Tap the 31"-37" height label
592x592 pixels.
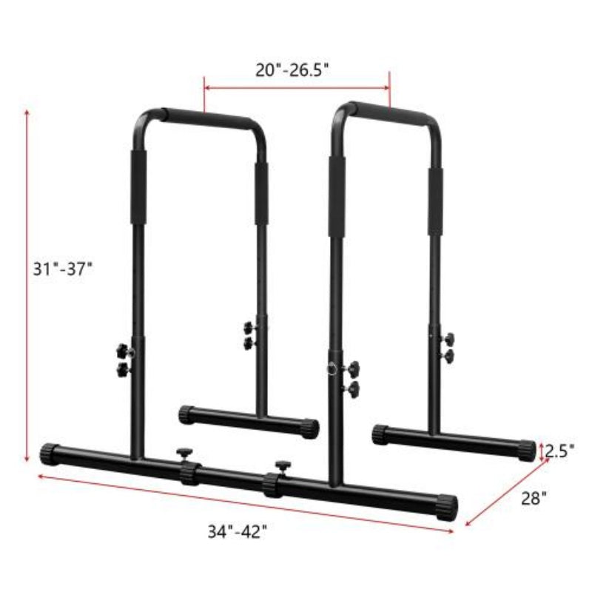pos(63,269)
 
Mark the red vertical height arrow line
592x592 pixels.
pos(27,281)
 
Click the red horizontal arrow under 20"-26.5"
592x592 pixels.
pos(297,88)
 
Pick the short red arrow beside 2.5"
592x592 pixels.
pos(542,448)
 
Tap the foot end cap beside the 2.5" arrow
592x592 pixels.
pos(525,448)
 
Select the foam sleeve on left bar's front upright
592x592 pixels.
pos(138,187)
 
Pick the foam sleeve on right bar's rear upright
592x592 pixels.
pos(434,200)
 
